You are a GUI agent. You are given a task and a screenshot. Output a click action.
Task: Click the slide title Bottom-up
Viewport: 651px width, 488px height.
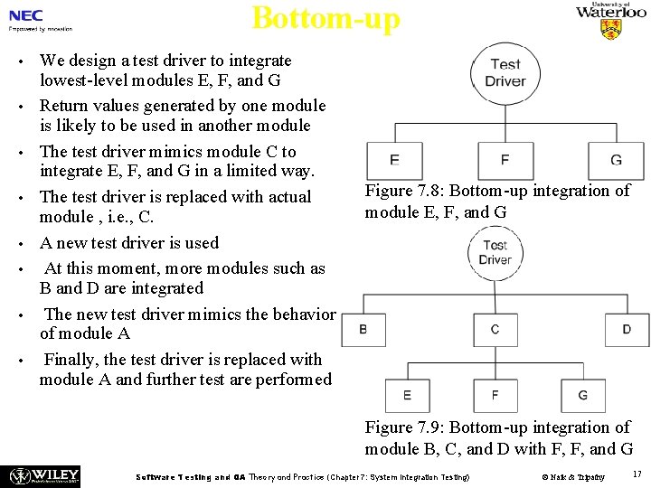click(325, 17)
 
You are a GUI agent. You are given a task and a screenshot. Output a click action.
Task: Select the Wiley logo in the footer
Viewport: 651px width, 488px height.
click(44, 475)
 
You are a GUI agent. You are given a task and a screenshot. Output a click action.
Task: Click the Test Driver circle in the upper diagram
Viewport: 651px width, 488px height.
click(505, 72)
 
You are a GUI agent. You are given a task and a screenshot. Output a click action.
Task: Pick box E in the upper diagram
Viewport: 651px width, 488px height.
click(394, 160)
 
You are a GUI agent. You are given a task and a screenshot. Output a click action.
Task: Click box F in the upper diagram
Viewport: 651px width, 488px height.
click(505, 160)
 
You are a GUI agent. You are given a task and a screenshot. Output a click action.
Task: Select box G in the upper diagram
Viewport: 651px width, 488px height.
click(616, 160)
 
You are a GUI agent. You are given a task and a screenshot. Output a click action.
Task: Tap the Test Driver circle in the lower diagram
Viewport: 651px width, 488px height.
click(495, 252)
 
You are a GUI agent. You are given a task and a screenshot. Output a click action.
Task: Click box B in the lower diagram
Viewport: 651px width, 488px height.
click(363, 329)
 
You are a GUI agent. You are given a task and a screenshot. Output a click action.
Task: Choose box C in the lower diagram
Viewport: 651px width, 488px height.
click(495, 329)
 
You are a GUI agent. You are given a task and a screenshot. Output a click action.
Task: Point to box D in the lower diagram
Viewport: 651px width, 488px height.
click(627, 329)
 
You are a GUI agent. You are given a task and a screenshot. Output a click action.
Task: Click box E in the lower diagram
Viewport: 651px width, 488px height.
click(407, 395)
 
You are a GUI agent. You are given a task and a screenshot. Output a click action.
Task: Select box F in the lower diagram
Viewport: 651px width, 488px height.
click(495, 395)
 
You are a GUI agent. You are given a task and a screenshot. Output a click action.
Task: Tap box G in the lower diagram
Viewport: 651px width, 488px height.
click(582, 395)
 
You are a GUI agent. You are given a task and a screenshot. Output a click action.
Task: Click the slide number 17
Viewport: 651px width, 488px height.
click(637, 473)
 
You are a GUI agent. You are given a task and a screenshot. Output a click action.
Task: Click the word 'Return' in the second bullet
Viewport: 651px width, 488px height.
click(65, 106)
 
